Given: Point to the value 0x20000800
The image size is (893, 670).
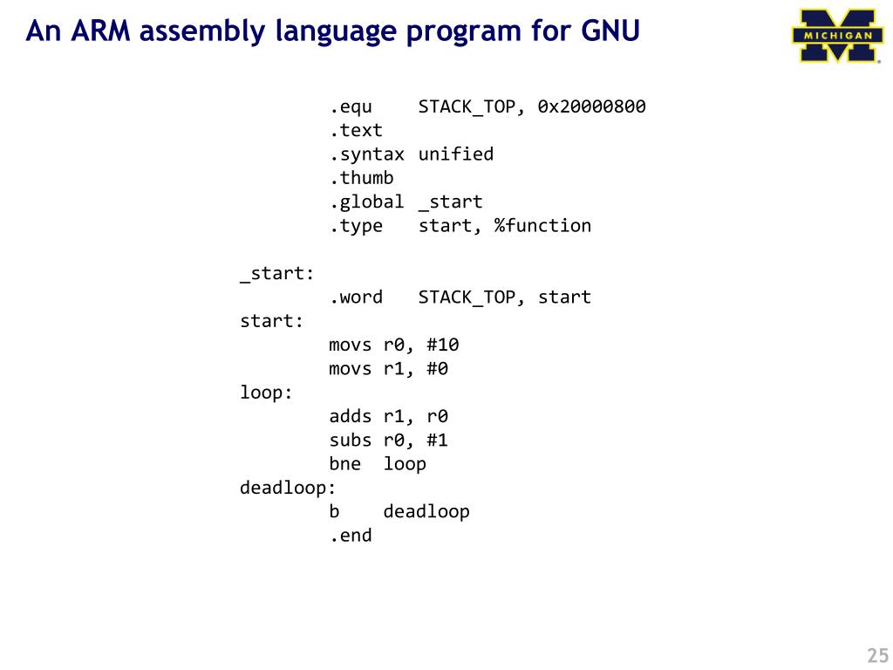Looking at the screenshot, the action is pyautogui.click(x=591, y=107).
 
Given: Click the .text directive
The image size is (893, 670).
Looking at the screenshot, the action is pyautogui.click(x=356, y=131).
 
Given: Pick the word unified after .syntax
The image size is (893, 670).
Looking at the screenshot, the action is pyautogui.click(x=456, y=154).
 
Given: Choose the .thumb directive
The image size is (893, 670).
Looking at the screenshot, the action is pyautogui.click(x=361, y=178).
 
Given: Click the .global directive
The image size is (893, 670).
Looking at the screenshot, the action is pyautogui.click(x=366, y=202).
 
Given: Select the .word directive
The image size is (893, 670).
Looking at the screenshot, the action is pyautogui.click(x=356, y=297).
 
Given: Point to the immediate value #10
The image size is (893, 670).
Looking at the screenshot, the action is pyautogui.click(x=443, y=345).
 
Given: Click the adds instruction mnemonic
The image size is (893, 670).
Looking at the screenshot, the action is pyautogui.click(x=351, y=416).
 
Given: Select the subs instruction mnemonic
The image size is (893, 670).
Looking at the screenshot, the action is pyautogui.click(x=351, y=440).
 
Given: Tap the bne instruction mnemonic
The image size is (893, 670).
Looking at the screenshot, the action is pyautogui.click(x=345, y=464).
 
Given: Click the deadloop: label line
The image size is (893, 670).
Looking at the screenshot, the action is pyautogui.click(x=288, y=488).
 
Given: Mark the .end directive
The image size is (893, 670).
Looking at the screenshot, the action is pyautogui.click(x=351, y=536).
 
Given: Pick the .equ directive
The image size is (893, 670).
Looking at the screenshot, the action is pyautogui.click(x=351, y=107).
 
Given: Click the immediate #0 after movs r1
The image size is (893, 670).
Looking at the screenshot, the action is pyautogui.click(x=438, y=369).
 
